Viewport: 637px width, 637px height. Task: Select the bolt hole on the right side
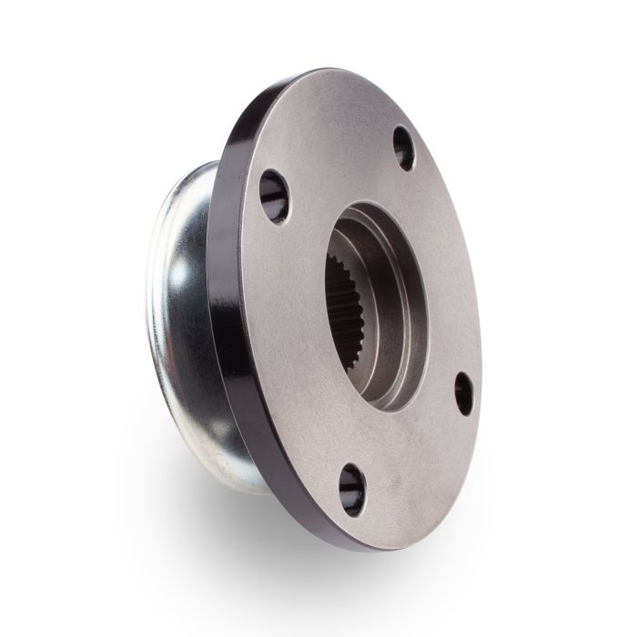point(464,393)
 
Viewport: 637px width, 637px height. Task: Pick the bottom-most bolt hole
point(352,489)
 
